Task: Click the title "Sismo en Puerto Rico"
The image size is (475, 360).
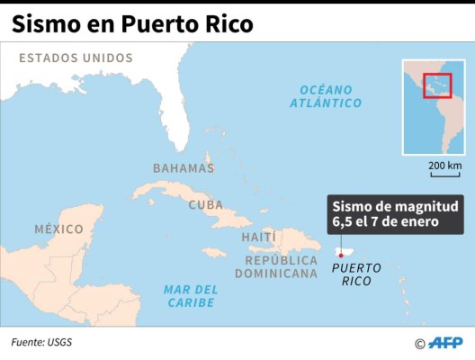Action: click(132, 23)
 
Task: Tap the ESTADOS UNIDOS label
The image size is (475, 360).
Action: click(76, 58)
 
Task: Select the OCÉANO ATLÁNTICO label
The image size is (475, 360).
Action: click(326, 96)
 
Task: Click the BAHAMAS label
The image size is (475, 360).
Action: click(184, 168)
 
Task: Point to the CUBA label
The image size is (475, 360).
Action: click(205, 205)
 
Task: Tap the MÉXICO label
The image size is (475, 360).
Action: click(58, 229)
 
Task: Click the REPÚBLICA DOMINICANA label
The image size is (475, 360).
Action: click(282, 266)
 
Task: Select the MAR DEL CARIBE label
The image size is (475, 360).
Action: click(191, 296)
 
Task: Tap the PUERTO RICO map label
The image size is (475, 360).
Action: click(355, 274)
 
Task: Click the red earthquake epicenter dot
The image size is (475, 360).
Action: click(341, 255)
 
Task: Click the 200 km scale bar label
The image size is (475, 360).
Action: click(444, 166)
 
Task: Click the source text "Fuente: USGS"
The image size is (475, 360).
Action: click(41, 342)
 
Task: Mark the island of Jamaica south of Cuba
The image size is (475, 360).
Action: click(213, 252)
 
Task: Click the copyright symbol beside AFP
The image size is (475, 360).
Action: click(419, 344)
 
